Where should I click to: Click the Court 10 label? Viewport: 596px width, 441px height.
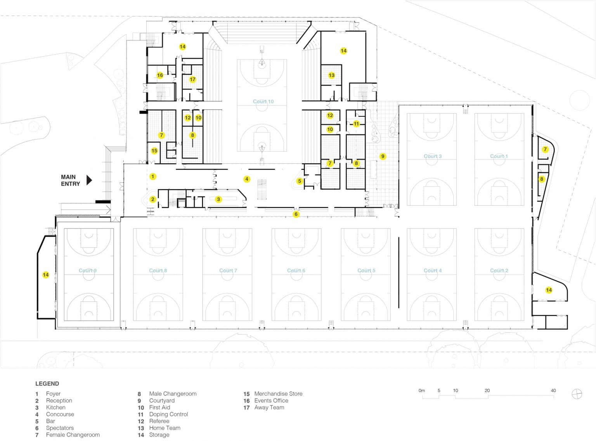pyautogui.click(x=263, y=102)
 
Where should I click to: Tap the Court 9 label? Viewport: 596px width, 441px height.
pyautogui.click(x=88, y=270)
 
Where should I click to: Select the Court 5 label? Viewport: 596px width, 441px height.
pyautogui.click(x=366, y=270)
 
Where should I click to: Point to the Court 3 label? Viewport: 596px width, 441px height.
pyautogui.click(x=432, y=156)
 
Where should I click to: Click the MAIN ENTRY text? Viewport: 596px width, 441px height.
pyautogui.click(x=70, y=180)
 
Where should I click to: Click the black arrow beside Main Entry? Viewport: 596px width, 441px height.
pyautogui.click(x=89, y=180)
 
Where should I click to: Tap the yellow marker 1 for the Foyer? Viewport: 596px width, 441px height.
pyautogui.click(x=153, y=176)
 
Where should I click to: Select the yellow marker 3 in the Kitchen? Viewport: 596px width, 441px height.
pyautogui.click(x=218, y=199)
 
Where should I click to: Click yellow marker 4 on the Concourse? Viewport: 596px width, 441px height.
pyautogui.click(x=247, y=179)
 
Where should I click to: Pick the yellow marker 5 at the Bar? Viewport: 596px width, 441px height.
pyautogui.click(x=299, y=181)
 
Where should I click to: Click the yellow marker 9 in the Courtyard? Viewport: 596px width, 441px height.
pyautogui.click(x=383, y=156)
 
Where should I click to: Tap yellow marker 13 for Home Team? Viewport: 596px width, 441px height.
pyautogui.click(x=331, y=75)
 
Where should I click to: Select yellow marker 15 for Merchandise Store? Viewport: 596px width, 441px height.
pyautogui.click(x=154, y=150)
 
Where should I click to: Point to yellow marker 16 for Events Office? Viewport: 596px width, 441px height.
pyautogui.click(x=160, y=75)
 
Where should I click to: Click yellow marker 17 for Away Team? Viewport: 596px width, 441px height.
pyautogui.click(x=192, y=80)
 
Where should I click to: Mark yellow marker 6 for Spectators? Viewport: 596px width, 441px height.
pyautogui.click(x=296, y=214)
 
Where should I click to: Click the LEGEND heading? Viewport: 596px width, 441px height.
pyautogui.click(x=47, y=384)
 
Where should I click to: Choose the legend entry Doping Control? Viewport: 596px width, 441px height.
pyautogui.click(x=168, y=414)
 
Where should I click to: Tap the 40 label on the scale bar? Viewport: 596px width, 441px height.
pyautogui.click(x=553, y=391)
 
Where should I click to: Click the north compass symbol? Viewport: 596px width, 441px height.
pyautogui.click(x=577, y=394)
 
